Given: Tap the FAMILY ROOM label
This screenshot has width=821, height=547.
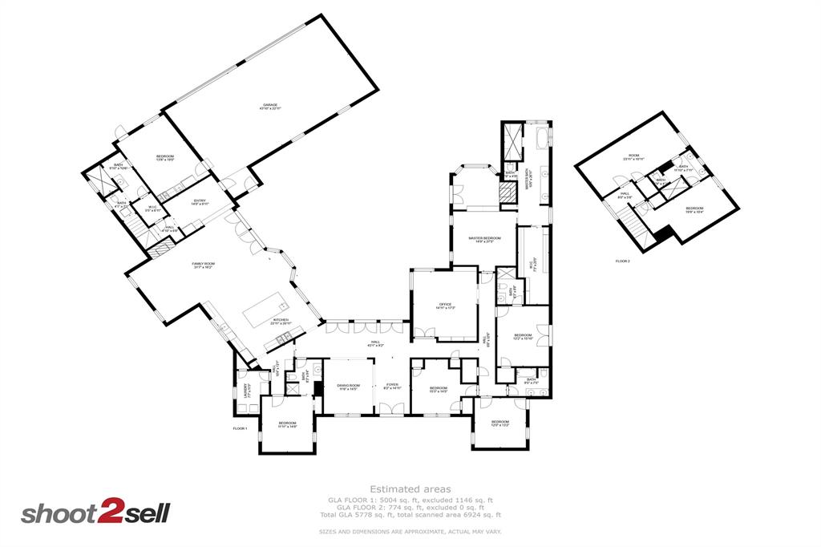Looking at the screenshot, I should tap(203, 265).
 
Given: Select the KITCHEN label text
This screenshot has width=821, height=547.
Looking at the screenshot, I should tap(281, 321).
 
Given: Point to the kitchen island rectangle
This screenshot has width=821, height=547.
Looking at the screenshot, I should tap(265, 309).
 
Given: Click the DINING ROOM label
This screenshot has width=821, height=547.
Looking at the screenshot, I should tap(347, 387).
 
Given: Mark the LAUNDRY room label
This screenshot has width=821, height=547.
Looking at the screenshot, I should tap(247, 391).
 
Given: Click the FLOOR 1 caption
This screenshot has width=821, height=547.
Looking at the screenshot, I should tap(240, 429).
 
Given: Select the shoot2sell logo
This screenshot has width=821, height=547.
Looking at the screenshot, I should tap(95, 512).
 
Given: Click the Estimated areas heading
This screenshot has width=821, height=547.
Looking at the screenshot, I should tap(410, 488).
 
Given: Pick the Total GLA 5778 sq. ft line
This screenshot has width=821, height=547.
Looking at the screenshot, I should tap(410, 515).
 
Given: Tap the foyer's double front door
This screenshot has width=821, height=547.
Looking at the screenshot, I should tap(391, 411).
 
